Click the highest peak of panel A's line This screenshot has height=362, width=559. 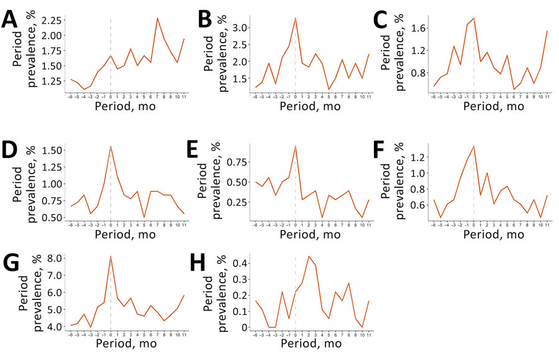click(157, 19)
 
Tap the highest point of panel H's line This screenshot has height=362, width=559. click(309, 256)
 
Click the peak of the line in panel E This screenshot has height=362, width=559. click(295, 146)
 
